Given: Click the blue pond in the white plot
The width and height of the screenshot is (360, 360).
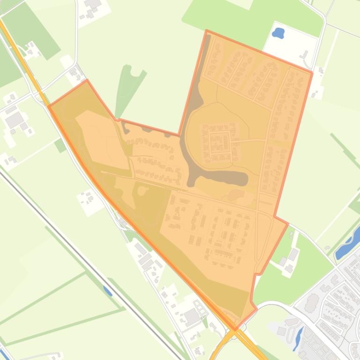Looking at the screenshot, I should pos(278,33).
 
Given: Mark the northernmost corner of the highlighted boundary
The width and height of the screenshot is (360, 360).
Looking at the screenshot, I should pos(206,31).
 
